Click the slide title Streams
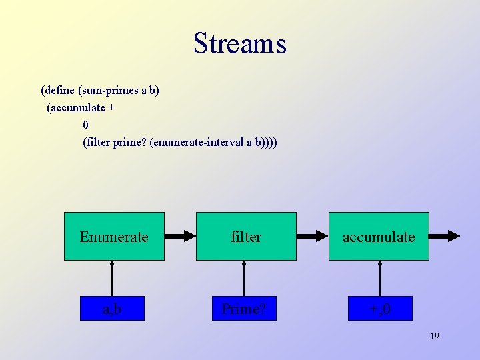tap(240, 44)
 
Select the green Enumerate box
tap(114, 236)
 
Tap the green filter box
tap(246, 236)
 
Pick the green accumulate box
tap(379, 236)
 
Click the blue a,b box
tap(112, 309)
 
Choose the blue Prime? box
tap(244, 309)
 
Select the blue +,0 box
tap(380, 309)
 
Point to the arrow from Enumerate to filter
tap(180, 235)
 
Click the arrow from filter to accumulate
tap(312, 235)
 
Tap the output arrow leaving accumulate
tap(445, 235)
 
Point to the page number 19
tap(434, 336)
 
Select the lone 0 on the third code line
tap(86, 125)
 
